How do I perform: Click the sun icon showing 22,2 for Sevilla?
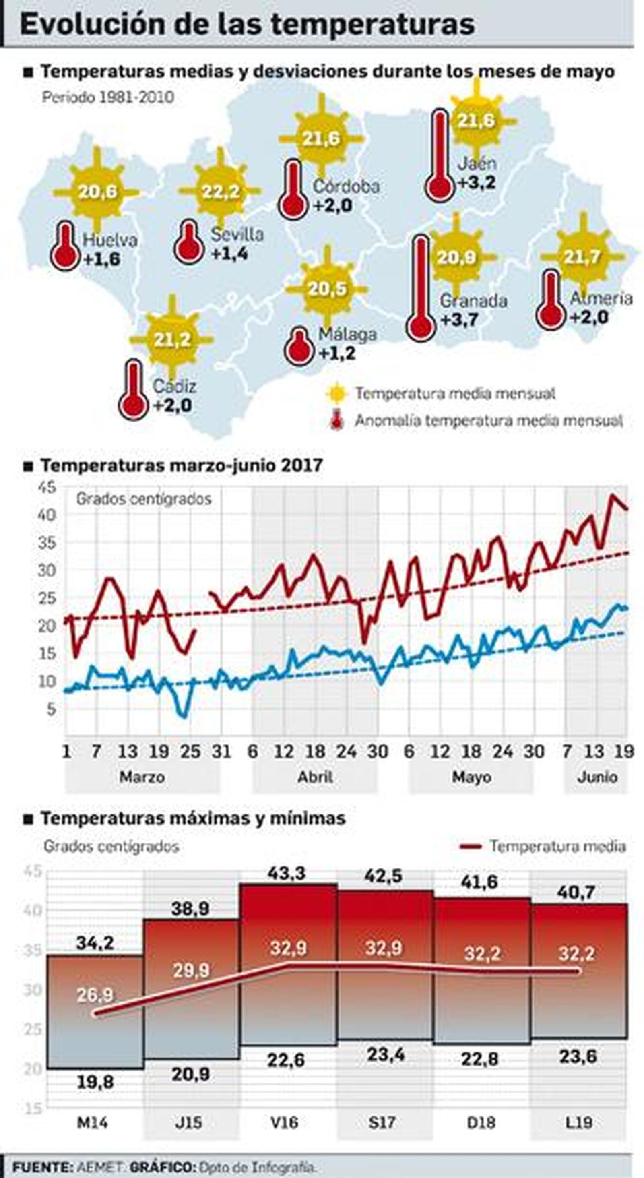(220, 191)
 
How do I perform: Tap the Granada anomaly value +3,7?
(460, 320)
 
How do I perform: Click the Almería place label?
(601, 298)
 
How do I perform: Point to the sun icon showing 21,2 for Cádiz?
(172, 339)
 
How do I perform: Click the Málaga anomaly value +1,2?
(337, 353)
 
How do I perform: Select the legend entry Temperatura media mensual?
(455, 393)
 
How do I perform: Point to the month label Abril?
(315, 777)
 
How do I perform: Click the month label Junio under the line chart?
(597, 777)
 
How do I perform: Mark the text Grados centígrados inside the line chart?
(144, 498)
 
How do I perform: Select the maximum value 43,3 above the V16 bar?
(287, 873)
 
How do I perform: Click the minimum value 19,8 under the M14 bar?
(95, 1083)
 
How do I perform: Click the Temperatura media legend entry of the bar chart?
(557, 846)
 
